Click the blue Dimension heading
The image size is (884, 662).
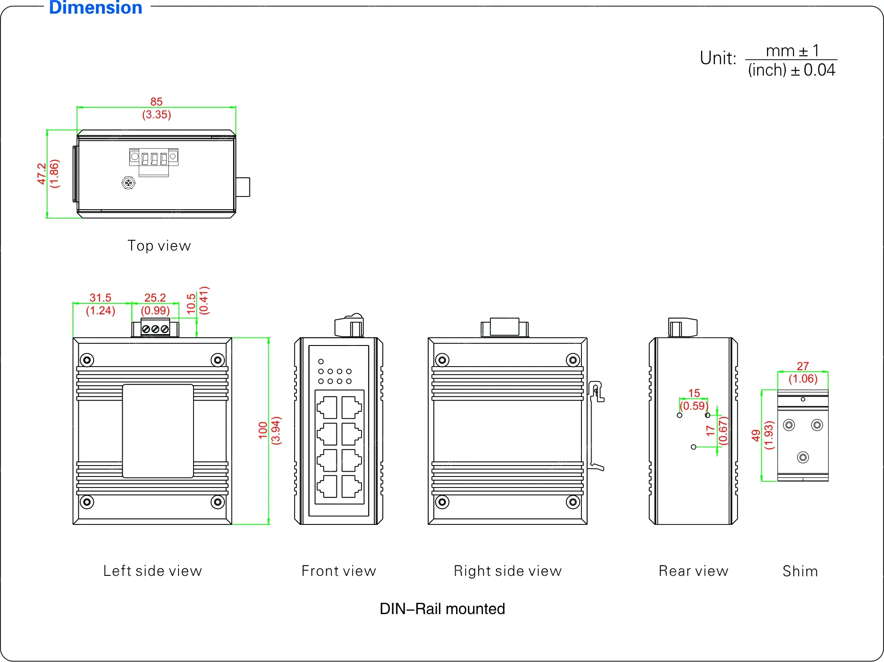pos(95,7)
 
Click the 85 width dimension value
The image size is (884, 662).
pos(156,102)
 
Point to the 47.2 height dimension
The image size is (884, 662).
pos(42,174)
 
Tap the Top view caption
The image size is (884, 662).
pos(159,246)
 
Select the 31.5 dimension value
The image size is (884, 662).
pos(100,298)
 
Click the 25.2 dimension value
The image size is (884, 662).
pos(155,298)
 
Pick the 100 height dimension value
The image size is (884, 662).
pos(263,430)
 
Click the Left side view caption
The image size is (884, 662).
pos(153,571)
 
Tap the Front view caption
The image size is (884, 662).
pos(339,571)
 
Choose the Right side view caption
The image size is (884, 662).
pos(508,571)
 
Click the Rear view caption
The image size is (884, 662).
pos(694,571)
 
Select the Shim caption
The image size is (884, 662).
pos(800,571)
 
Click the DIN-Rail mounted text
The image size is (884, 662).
pos(442,609)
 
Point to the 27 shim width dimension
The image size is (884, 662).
pos(803,366)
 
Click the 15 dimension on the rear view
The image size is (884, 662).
pos(694,393)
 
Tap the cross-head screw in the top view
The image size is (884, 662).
pos(128,182)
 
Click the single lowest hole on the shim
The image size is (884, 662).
pos(803,457)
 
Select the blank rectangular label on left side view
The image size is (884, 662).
pos(158,431)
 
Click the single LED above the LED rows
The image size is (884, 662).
pos(321,361)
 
